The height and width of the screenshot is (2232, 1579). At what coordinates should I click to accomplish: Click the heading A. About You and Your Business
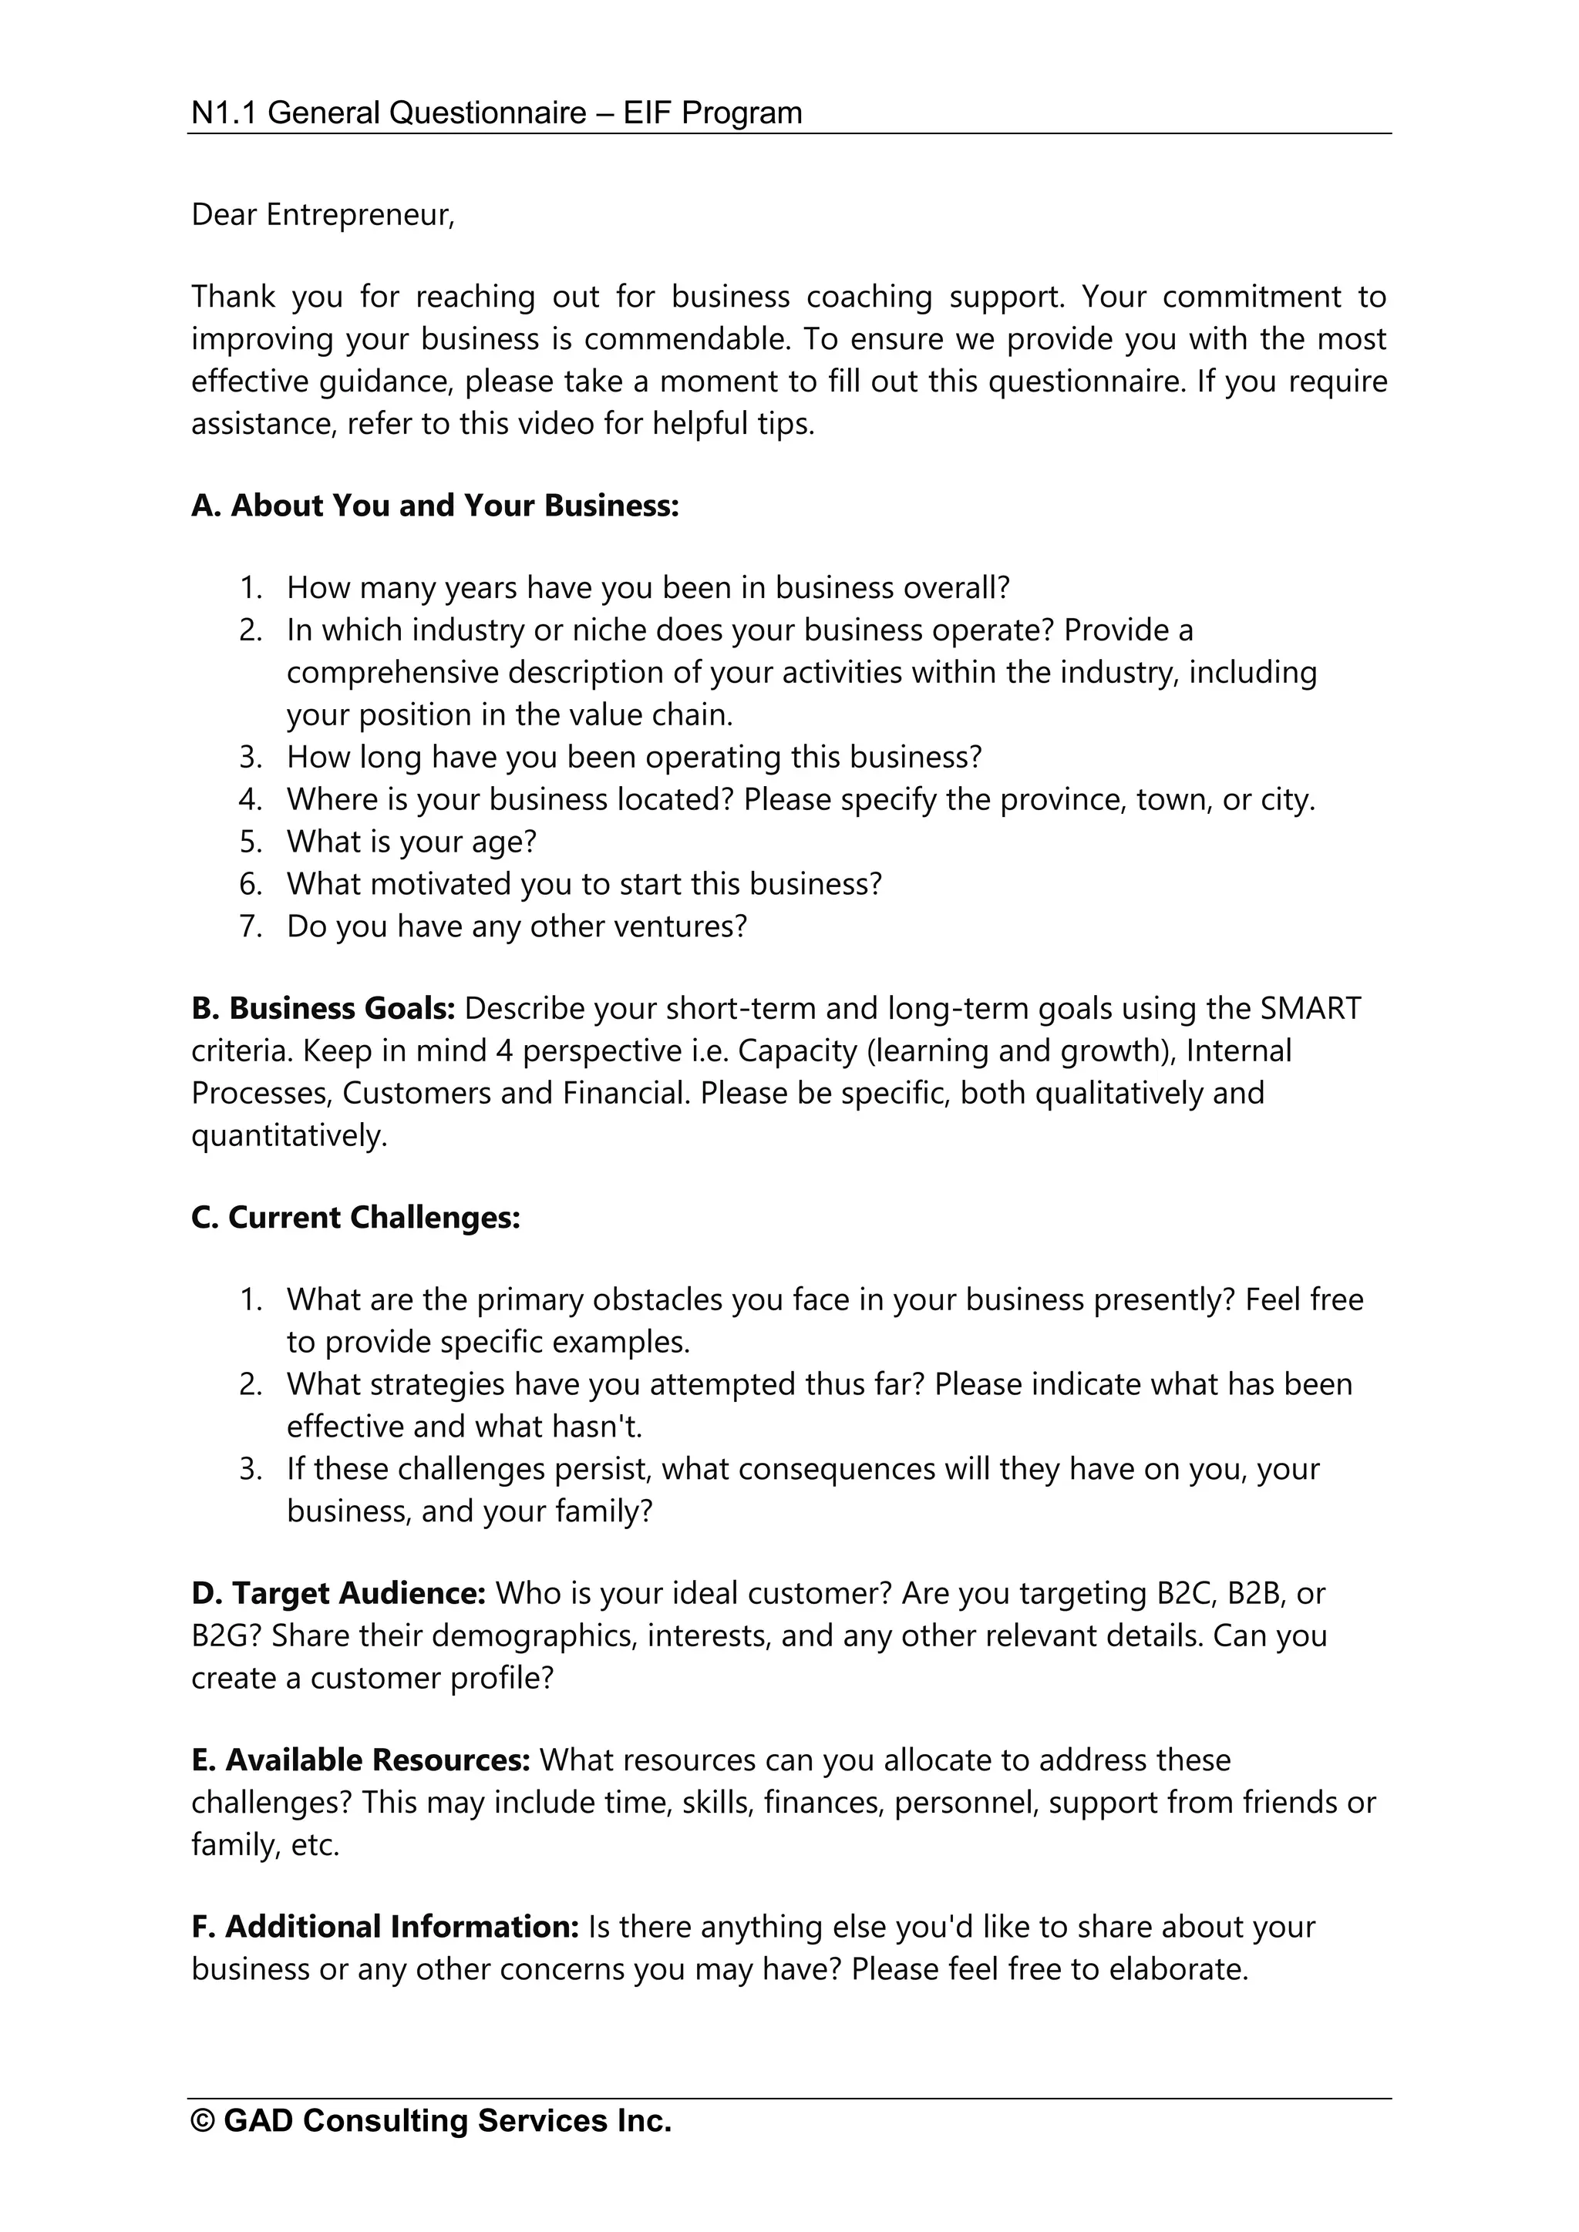pyautogui.click(x=435, y=506)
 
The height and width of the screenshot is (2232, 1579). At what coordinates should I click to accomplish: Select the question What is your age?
pyautogui.click(x=411, y=841)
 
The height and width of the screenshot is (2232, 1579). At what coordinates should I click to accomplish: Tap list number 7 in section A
pyautogui.click(x=250, y=926)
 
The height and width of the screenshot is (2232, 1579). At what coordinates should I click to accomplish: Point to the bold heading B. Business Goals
pyautogui.click(x=323, y=1008)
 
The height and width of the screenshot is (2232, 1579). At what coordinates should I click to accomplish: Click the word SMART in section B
pyautogui.click(x=1310, y=1008)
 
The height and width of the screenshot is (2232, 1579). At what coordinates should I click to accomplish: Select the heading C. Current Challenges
pyautogui.click(x=356, y=1217)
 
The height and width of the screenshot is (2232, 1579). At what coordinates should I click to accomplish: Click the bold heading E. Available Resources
pyautogui.click(x=360, y=1760)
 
